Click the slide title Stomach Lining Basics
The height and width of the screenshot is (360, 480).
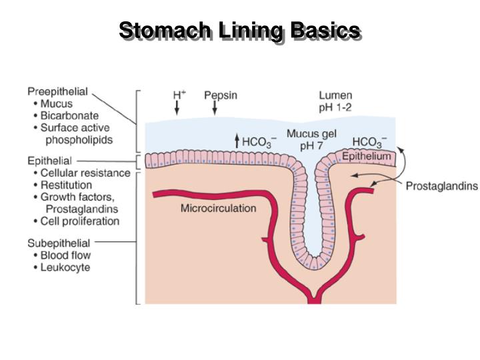pyautogui.click(x=240, y=30)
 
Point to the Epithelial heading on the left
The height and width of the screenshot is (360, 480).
pyautogui.click(x=49, y=161)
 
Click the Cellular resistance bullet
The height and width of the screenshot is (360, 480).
pyautogui.click(x=85, y=173)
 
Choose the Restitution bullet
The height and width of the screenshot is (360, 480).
pyautogui.click(x=66, y=185)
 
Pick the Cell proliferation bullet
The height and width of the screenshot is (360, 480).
pyautogui.click(x=79, y=221)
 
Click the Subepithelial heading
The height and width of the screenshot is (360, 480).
pyautogui.click(x=59, y=243)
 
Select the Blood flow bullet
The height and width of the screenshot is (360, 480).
pyautogui.click(x=65, y=255)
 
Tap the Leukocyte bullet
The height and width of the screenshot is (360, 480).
pyautogui.click(x=65, y=268)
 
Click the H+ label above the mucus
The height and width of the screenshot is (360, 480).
pyautogui.click(x=179, y=95)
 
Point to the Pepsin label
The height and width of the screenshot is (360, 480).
pyautogui.click(x=220, y=95)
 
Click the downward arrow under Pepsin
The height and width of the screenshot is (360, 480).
pyautogui.click(x=215, y=107)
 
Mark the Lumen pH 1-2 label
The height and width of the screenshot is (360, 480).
pyautogui.click(x=335, y=101)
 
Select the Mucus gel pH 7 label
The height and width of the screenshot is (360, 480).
pyautogui.click(x=311, y=139)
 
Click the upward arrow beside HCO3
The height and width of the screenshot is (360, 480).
pyautogui.click(x=236, y=140)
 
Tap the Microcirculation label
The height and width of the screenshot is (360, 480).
pyautogui.click(x=218, y=208)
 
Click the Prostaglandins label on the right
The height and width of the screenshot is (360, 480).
pyautogui.click(x=441, y=186)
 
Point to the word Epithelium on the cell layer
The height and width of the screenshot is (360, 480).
pyautogui.click(x=367, y=156)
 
